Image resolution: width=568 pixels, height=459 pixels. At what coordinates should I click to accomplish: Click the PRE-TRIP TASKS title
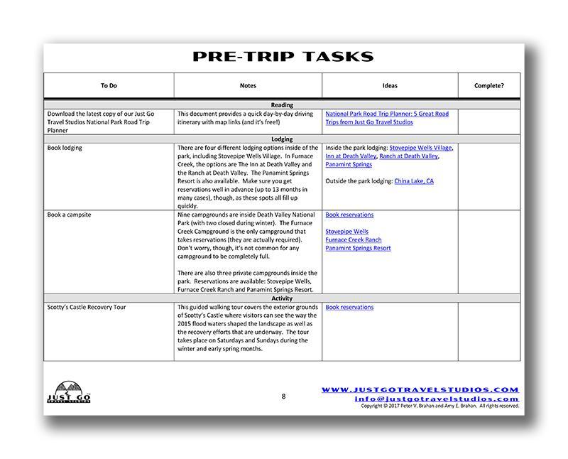pyautogui.click(x=283, y=57)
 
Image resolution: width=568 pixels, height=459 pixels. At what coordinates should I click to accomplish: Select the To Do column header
pyautogui.click(x=109, y=85)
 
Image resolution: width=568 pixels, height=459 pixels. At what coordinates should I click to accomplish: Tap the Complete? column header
pyautogui.click(x=488, y=85)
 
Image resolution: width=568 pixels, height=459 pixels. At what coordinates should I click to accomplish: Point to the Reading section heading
pyautogui.click(x=282, y=105)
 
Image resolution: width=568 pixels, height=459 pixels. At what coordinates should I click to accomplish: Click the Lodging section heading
pyautogui.click(x=282, y=139)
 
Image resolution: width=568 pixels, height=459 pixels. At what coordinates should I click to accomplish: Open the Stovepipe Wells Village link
pyautogui.click(x=421, y=148)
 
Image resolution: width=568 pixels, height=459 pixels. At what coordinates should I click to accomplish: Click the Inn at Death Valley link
pyautogui.click(x=351, y=156)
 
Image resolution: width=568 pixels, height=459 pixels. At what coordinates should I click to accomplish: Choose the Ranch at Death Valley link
pyautogui.click(x=408, y=156)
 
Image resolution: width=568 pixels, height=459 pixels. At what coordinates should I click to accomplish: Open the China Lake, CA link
pyautogui.click(x=414, y=181)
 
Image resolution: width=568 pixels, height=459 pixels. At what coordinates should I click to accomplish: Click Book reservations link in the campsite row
pyautogui.click(x=349, y=215)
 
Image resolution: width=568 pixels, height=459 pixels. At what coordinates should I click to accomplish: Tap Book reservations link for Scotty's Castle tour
pyautogui.click(x=349, y=308)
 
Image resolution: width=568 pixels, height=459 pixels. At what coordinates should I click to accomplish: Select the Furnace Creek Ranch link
pyautogui.click(x=354, y=240)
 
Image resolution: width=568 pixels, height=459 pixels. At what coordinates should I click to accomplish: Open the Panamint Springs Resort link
pyautogui.click(x=358, y=249)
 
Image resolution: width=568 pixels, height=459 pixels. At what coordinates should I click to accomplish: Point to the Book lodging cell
pyautogui.click(x=65, y=148)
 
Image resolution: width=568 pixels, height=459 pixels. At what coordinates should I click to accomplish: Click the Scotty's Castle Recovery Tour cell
pyautogui.click(x=86, y=308)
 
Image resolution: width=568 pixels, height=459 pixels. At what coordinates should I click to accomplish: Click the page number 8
pyautogui.click(x=283, y=396)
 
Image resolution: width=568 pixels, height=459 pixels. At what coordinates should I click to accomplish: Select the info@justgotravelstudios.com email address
pyautogui.click(x=437, y=399)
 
